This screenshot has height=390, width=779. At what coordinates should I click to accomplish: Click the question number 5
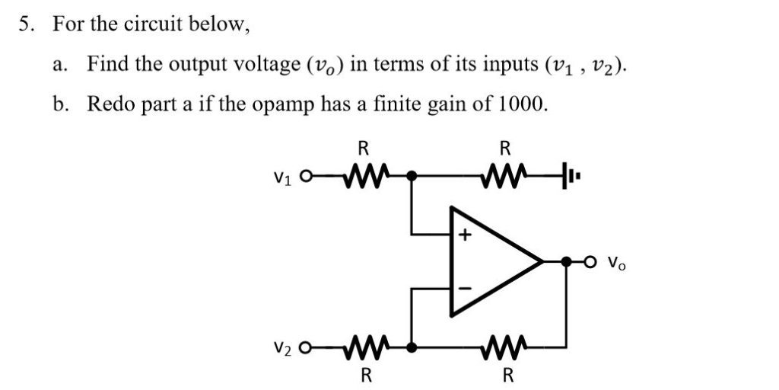click(26, 24)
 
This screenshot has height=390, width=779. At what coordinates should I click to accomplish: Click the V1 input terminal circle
click(306, 177)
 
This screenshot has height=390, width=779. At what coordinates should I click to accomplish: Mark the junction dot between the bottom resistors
click(412, 347)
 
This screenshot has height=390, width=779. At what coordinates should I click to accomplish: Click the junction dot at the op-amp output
click(566, 262)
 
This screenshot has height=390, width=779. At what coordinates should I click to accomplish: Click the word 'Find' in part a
click(107, 64)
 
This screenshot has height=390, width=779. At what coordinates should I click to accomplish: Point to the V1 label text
click(281, 178)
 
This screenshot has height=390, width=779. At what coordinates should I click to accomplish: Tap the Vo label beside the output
click(616, 264)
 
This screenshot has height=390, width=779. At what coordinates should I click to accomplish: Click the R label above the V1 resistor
click(364, 148)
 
